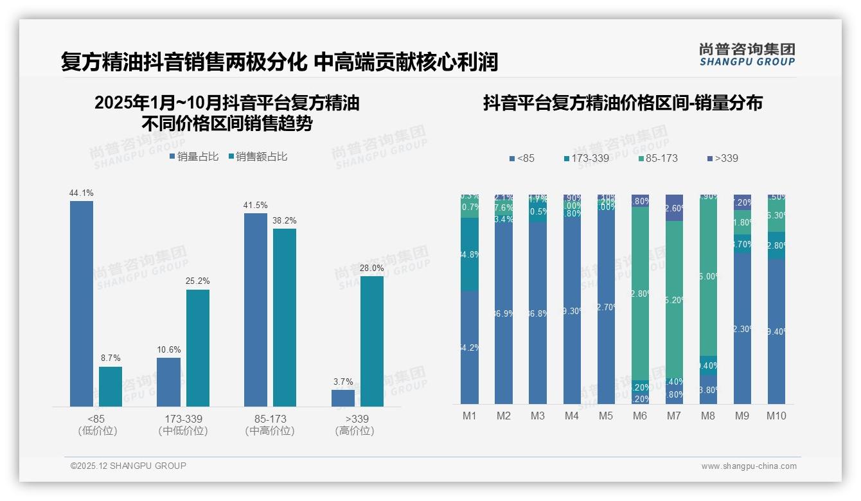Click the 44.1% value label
pos(82,193)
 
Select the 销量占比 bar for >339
pos(343,398)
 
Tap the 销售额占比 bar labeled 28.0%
pos(372,341)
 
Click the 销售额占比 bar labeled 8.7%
pos(111,387)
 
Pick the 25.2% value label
pos(198,281)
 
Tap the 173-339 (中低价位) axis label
pos(182,425)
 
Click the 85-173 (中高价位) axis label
pos(270,425)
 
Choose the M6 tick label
pos(640,416)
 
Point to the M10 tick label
pos(776,416)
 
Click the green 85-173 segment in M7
pos(674,300)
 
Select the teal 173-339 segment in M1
pos(470,254)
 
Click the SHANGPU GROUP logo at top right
pos(747,55)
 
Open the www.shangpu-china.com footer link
pos(749,466)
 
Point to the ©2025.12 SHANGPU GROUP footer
pos(129,466)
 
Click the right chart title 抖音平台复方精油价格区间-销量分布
pos(623,103)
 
